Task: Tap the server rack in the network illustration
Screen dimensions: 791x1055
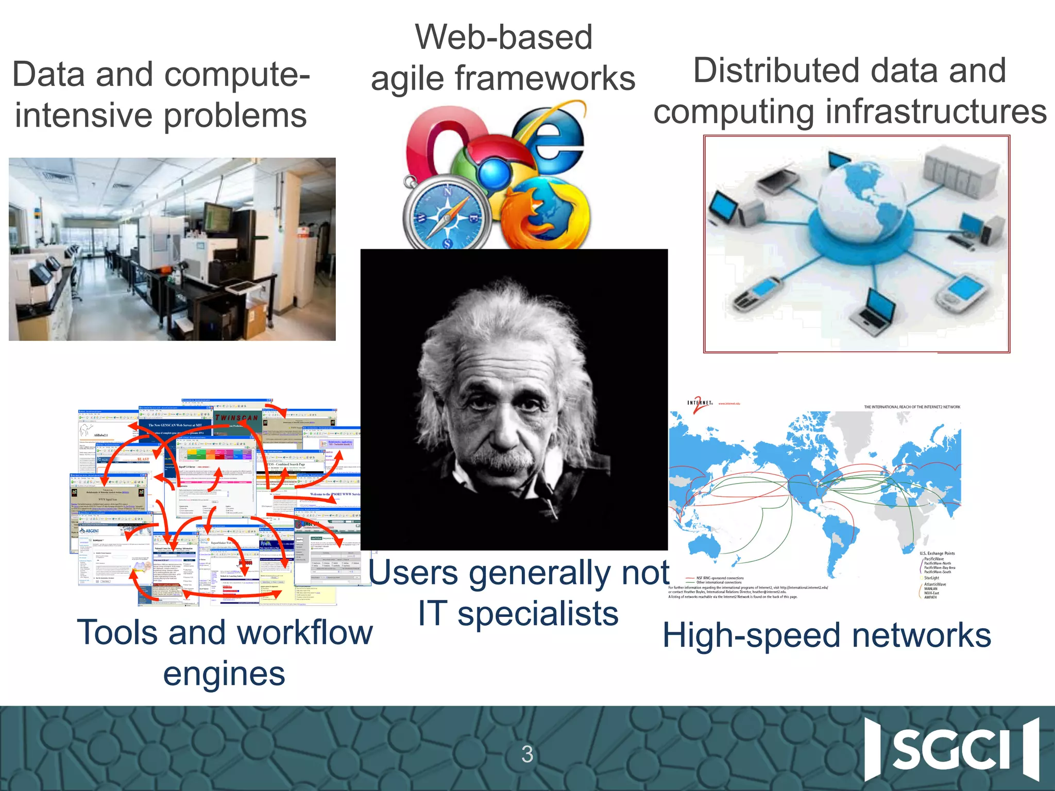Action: pyautogui.click(x=958, y=175)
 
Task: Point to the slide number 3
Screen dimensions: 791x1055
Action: pyautogui.click(x=527, y=754)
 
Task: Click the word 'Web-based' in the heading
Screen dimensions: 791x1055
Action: pyautogui.click(x=504, y=38)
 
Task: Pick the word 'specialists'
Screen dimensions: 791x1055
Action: pyautogui.click(x=538, y=614)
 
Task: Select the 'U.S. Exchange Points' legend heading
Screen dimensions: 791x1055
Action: pyautogui.click(x=937, y=553)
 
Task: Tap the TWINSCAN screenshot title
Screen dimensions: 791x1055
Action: pyautogui.click(x=236, y=418)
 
